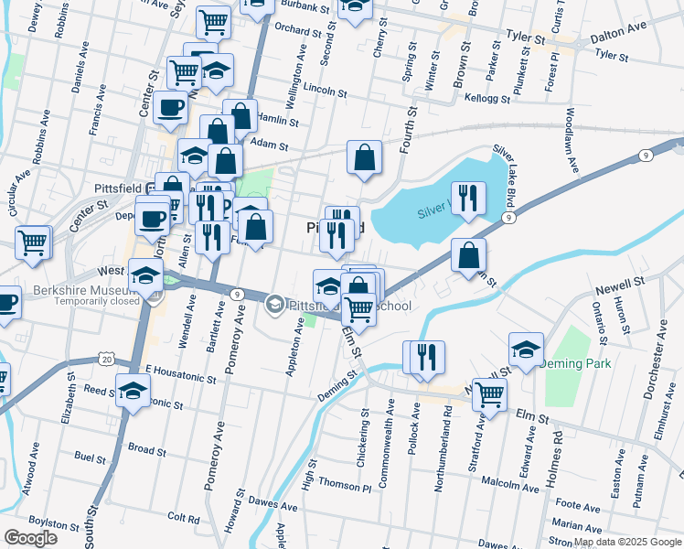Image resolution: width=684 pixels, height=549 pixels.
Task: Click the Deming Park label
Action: coord(573,363)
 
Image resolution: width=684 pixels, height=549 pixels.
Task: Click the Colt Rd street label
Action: coord(184,518)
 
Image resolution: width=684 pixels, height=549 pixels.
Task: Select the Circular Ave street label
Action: coord(13,192)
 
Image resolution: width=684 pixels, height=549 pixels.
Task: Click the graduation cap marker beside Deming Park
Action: coord(526,350)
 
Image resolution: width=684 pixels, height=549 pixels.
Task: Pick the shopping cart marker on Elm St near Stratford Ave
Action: coord(490,395)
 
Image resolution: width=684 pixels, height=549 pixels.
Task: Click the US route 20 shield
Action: coord(107,360)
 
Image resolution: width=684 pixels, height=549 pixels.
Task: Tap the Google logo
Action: coord(30,538)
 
